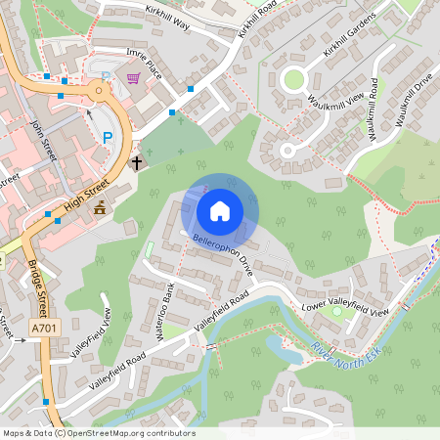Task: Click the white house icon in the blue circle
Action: (x=220, y=210)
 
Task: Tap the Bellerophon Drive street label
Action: (x=222, y=253)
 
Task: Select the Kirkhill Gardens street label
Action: (x=350, y=37)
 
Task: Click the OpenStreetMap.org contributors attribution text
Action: (x=137, y=432)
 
